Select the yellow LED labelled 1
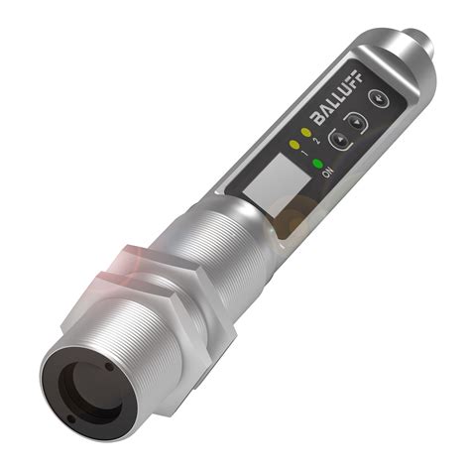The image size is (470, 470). point(293,145)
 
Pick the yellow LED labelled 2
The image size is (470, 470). point(305,130)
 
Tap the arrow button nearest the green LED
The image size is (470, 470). point(339,140)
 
